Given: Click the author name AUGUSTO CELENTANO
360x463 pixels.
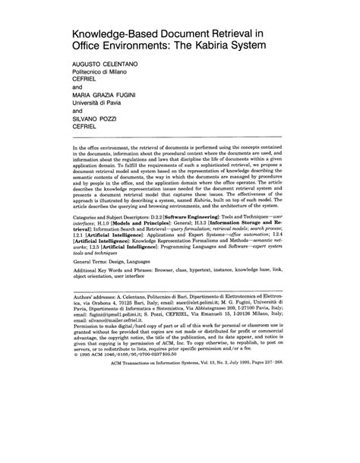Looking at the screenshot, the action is (106, 65).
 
